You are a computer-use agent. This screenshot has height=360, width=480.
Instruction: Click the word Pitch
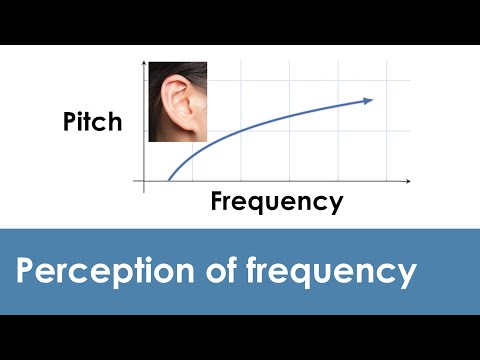point(92,122)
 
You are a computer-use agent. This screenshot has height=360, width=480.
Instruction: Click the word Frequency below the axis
point(277,202)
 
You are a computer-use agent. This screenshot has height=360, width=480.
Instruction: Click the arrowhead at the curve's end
point(369,99)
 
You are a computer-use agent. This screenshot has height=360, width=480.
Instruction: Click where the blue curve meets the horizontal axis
point(168,182)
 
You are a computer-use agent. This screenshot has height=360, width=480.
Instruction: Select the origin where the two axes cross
point(145,182)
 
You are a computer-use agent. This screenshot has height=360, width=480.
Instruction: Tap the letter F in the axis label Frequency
point(217,201)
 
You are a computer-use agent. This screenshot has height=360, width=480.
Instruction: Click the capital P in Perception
point(24,271)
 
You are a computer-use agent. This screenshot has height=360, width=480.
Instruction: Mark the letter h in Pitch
point(114,122)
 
